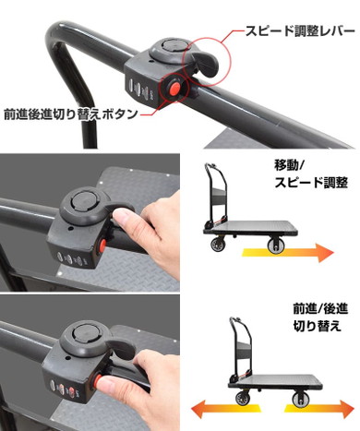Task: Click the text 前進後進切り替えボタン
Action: (x=71, y=116)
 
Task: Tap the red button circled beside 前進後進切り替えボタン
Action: (x=173, y=88)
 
